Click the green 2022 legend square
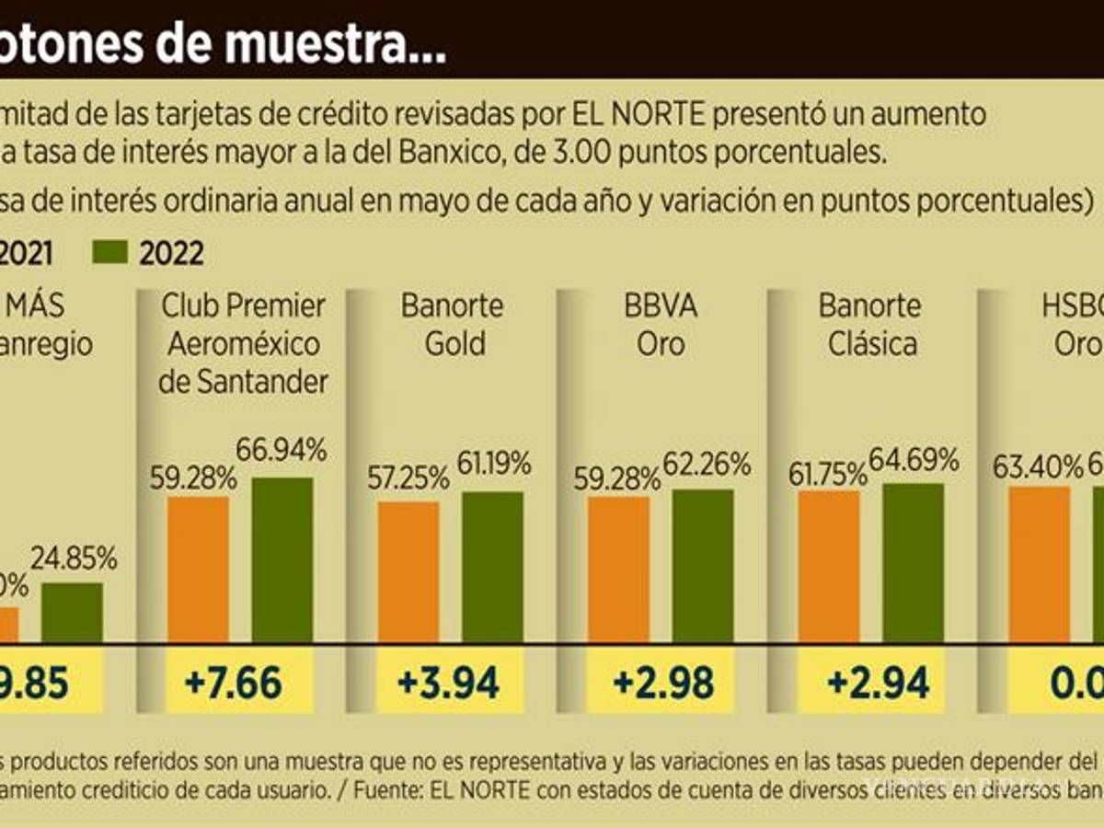coord(111,252)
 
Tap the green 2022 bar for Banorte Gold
coord(492,566)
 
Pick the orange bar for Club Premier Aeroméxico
coord(198,569)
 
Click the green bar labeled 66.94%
coord(282,559)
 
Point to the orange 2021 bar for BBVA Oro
coord(618,569)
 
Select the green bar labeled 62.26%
coord(703,565)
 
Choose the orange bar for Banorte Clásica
coord(829,566)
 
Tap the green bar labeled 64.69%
coord(913,562)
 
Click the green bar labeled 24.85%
coord(72,612)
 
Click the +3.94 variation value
coord(449,684)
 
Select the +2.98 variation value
coord(662,684)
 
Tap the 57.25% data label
coord(408,477)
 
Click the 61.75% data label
coord(827,474)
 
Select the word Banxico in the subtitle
coord(447,153)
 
